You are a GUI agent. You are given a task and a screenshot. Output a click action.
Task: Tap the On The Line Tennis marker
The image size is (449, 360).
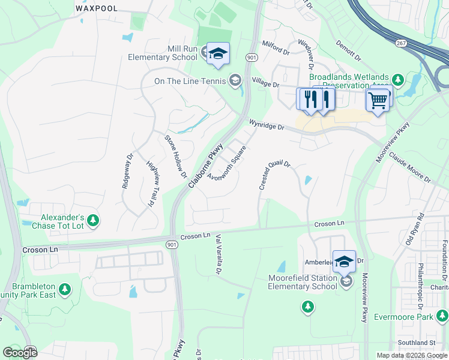point(235,80)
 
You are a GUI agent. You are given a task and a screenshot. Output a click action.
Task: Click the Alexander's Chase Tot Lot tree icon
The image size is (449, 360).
point(92,221)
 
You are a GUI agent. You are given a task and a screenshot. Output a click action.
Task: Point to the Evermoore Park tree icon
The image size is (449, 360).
point(442,316)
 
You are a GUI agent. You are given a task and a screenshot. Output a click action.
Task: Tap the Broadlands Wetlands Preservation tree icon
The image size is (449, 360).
point(396,80)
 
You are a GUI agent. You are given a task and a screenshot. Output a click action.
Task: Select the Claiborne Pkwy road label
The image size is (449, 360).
point(206,166)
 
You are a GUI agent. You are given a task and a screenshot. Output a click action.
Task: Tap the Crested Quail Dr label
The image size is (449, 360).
point(274,175)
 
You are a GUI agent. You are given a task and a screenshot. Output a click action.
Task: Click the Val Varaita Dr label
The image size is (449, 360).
point(218,255)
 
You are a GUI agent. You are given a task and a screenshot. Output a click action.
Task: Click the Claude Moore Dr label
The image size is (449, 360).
point(410,167)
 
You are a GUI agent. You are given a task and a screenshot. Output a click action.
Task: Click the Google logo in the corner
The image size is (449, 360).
point(20,352)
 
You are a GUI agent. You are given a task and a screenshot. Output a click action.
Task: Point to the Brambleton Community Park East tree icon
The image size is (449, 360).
point(64,290)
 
